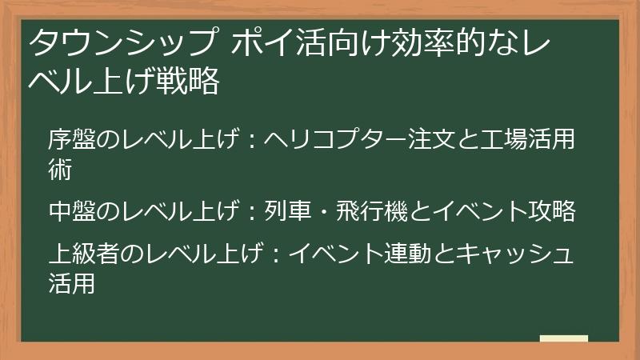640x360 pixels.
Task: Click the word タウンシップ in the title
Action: (122, 42)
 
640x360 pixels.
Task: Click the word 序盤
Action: (72, 138)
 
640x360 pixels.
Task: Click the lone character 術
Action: (60, 170)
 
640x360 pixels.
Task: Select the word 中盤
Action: (72, 211)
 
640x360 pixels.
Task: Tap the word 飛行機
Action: (372, 211)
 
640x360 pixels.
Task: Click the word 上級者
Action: (84, 253)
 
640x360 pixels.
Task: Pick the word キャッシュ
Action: (515, 253)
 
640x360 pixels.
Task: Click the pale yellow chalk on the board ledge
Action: (564, 338)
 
